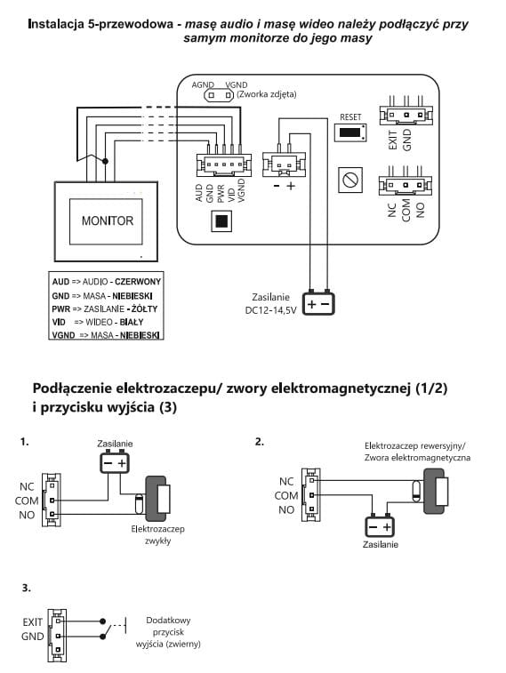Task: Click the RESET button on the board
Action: pyautogui.click(x=350, y=132)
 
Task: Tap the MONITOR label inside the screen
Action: pyautogui.click(x=108, y=220)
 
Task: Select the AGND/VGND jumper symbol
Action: pyautogui.click(x=219, y=95)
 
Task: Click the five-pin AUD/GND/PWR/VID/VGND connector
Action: pyautogui.click(x=224, y=164)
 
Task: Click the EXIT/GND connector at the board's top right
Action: pyautogui.click(x=406, y=115)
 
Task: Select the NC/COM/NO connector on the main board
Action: pyautogui.click(x=406, y=186)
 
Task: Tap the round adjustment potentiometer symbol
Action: pyautogui.click(x=350, y=180)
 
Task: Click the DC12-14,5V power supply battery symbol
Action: pyautogui.click(x=318, y=304)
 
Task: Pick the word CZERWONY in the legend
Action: pyautogui.click(x=138, y=282)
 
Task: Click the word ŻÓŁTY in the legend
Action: pyautogui.click(x=144, y=308)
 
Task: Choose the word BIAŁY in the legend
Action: pyautogui.click(x=132, y=322)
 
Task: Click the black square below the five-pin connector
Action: pyautogui.click(x=221, y=221)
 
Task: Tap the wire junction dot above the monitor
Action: pyautogui.click(x=105, y=161)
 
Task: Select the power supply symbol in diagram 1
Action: pyautogui.click(x=115, y=463)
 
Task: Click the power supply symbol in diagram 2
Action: pyautogui.click(x=380, y=526)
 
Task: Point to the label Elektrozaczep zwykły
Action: pyautogui.click(x=158, y=535)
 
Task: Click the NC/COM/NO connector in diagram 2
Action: pyautogui.click(x=310, y=495)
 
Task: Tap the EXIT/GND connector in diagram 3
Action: pyautogui.click(x=57, y=636)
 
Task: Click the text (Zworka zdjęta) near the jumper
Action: pyautogui.click(x=266, y=94)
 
